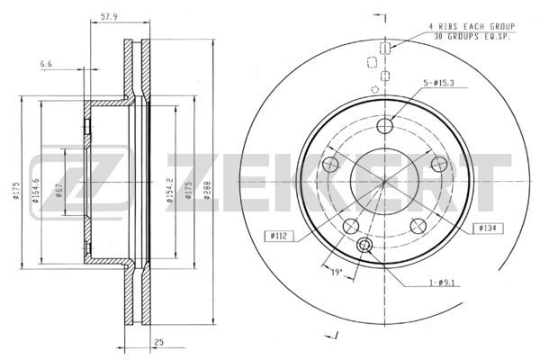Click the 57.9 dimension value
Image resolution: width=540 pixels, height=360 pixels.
(109, 16)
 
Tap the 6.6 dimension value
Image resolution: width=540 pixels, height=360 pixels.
(46, 64)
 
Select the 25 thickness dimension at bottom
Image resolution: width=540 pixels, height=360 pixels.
(158, 342)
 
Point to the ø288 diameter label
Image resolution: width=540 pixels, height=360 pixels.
(207, 190)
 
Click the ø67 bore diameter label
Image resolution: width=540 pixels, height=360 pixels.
(58, 190)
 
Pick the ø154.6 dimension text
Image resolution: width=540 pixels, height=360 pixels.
(35, 190)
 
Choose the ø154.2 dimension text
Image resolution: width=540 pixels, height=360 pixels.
(169, 190)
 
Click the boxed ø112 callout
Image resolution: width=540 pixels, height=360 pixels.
(279, 236)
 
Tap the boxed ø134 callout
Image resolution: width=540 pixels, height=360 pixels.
(488, 228)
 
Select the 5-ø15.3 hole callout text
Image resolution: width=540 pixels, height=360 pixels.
(438, 83)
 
